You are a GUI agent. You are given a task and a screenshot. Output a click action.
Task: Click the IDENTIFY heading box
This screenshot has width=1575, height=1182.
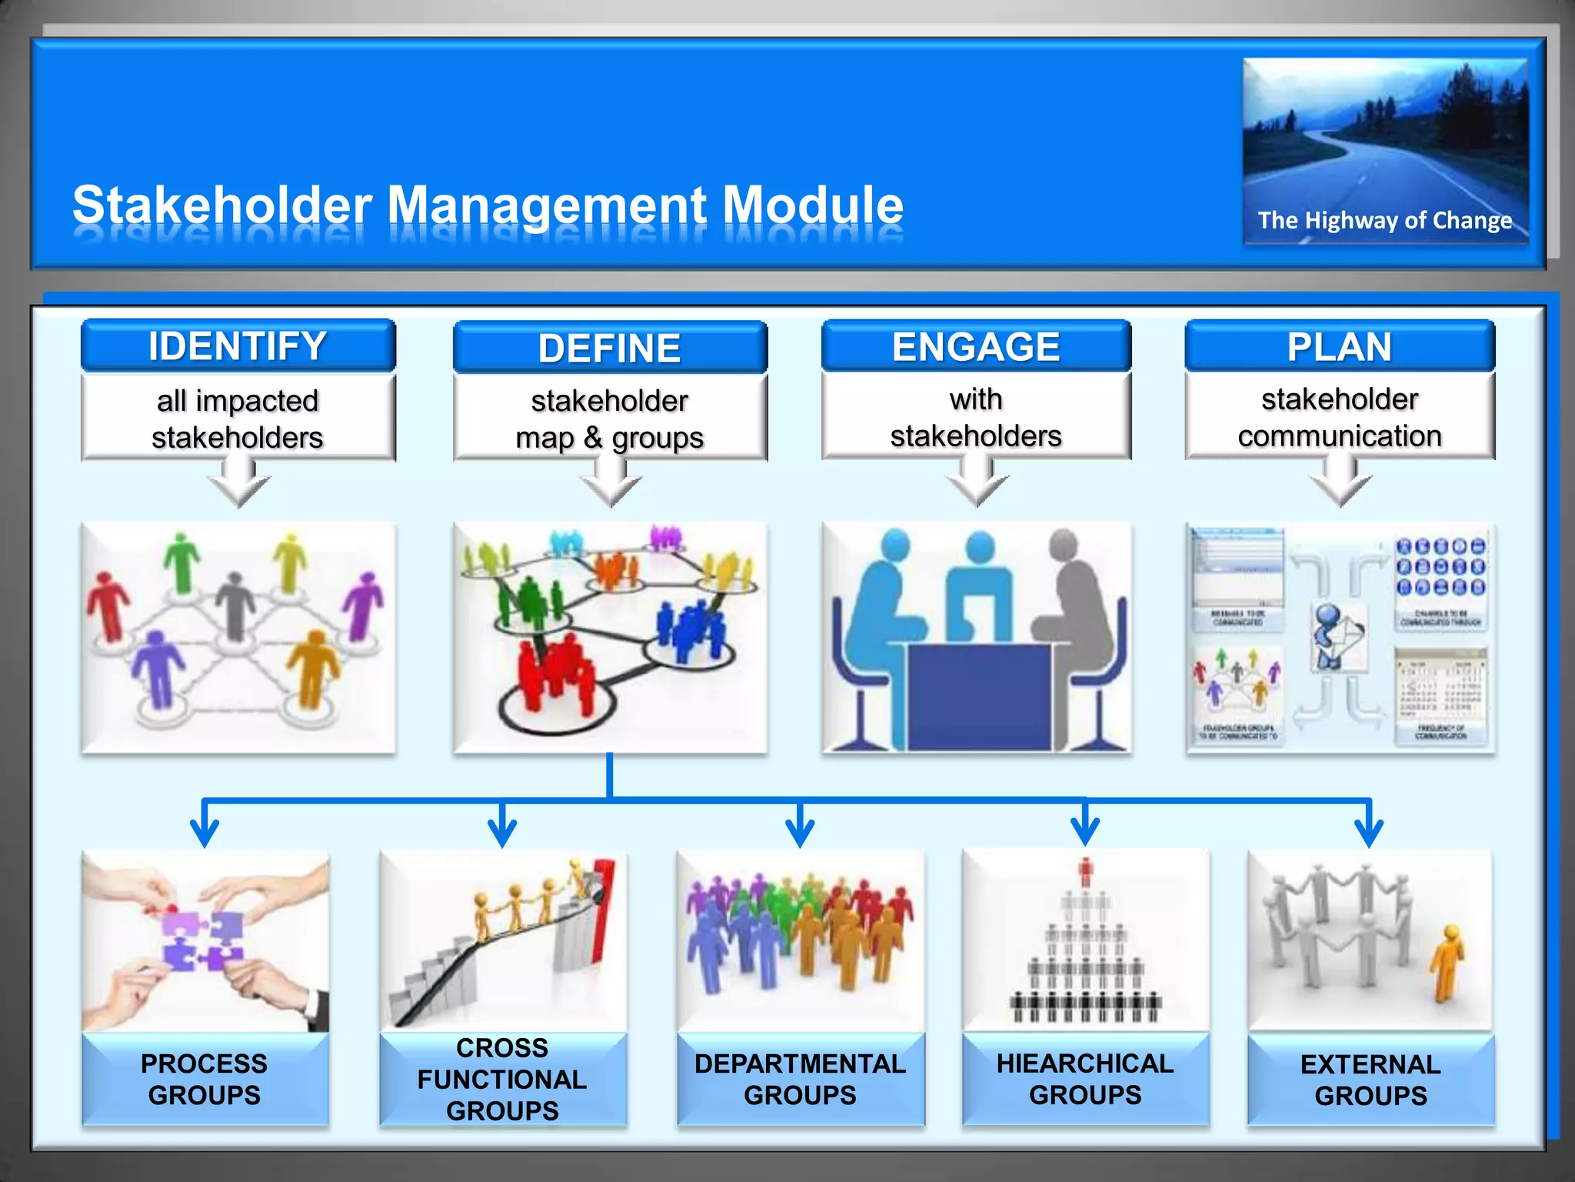pos(238,346)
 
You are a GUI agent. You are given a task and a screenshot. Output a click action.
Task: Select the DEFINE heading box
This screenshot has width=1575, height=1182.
pos(610,348)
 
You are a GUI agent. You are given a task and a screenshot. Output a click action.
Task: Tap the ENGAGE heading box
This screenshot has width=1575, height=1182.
pos(976,346)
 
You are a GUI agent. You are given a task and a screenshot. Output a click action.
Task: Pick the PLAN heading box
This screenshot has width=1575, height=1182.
pos(1340,346)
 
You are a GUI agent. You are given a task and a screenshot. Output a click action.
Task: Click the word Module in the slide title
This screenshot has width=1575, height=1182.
pos(813,205)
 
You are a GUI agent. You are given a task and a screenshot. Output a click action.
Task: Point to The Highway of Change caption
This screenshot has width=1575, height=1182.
pos(1384,221)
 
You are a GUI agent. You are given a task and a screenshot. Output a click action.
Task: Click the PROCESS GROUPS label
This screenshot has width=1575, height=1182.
pos(205,1079)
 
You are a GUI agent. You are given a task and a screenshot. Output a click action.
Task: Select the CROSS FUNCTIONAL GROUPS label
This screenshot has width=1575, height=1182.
pos(502,1079)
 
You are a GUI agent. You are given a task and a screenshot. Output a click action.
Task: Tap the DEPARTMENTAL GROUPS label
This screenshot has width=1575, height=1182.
pos(800,1079)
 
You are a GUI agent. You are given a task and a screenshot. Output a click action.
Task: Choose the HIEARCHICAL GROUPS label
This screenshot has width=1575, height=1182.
pos(1085,1079)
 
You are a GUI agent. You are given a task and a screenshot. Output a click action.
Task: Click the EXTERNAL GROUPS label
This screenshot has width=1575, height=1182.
pos(1370,1080)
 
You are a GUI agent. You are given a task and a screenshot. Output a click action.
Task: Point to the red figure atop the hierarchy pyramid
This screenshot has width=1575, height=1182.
pos(1085,872)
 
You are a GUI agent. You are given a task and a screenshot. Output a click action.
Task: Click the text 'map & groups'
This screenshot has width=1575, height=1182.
pos(609,438)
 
